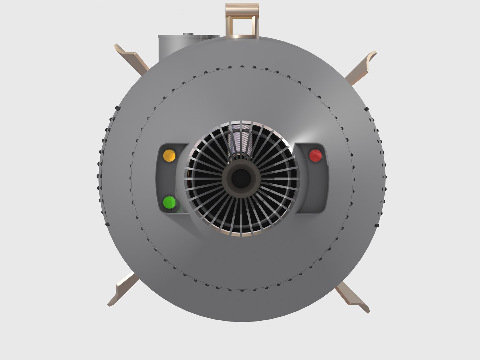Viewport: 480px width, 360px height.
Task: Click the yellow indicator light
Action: [169, 155]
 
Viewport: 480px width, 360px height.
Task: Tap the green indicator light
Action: [169, 202]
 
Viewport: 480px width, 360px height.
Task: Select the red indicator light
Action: [316, 155]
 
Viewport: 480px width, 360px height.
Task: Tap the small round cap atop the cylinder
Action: [188, 34]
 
